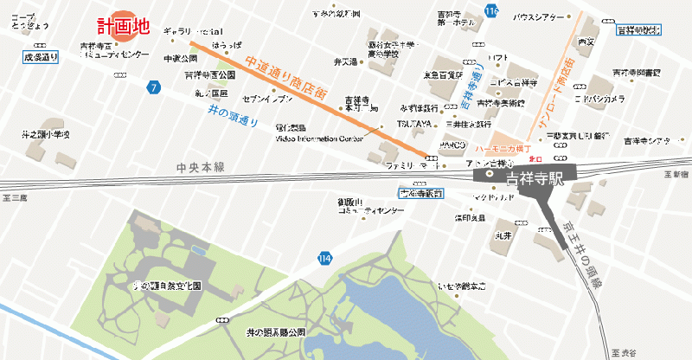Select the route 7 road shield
(153, 87)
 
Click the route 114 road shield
(324, 257)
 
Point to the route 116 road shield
(492, 11)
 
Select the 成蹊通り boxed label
(41, 58)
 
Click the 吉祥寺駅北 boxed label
(638, 30)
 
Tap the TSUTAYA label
(414, 123)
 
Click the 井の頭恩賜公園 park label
(276, 331)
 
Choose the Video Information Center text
(319, 138)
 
